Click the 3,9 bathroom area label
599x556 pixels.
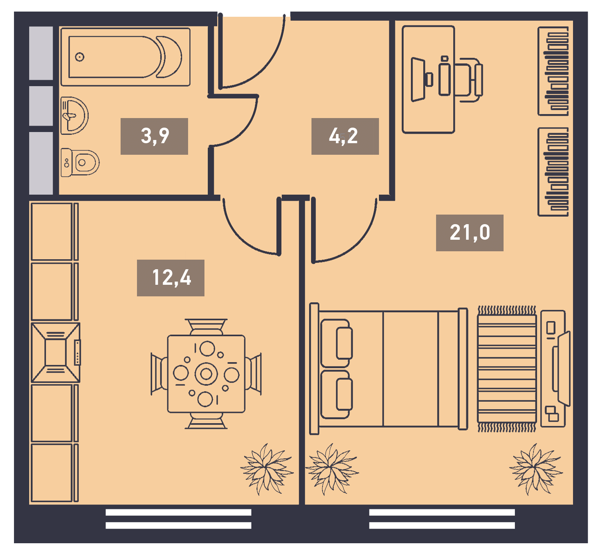(x=154, y=136)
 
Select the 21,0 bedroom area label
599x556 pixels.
(x=469, y=233)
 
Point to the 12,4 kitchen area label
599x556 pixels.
(x=171, y=278)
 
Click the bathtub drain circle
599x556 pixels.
(x=79, y=57)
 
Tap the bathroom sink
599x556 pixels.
(x=74, y=115)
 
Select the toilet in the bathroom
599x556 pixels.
(x=80, y=162)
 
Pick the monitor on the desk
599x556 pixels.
(x=419, y=79)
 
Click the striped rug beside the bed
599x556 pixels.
(x=507, y=369)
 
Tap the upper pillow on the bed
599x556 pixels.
(x=336, y=343)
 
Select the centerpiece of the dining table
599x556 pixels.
(x=206, y=374)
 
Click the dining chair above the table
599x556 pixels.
(x=206, y=327)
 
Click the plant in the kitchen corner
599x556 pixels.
(x=267, y=469)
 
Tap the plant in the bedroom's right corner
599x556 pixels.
(x=536, y=469)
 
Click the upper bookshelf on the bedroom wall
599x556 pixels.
(x=553, y=71)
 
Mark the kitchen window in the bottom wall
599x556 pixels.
(x=179, y=519)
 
